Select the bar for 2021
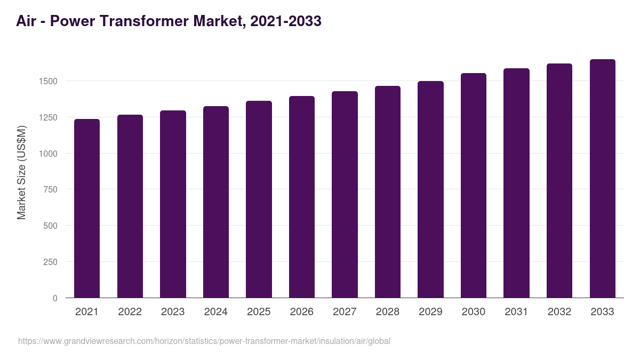pyautogui.click(x=87, y=208)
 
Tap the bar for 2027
pyautogui.click(x=345, y=194)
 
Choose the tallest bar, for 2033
pyautogui.click(x=602, y=178)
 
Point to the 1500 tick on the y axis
pyautogui.click(x=48, y=81)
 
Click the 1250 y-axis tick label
pyautogui.click(x=48, y=117)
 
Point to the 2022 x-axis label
pyautogui.click(x=130, y=312)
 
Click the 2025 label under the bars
pyautogui.click(x=259, y=312)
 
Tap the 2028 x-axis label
pyautogui.click(x=387, y=312)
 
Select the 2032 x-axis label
pyautogui.click(x=559, y=312)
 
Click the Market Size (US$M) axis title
pyautogui.click(x=21, y=172)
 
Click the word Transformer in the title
pyautogui.click(x=139, y=21)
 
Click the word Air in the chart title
pyautogui.click(x=27, y=21)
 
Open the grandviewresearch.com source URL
pyautogui.click(x=204, y=341)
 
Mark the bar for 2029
pyautogui.click(x=430, y=189)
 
